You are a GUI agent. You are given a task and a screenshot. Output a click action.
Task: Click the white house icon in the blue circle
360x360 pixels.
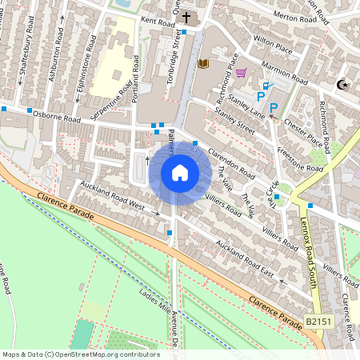(180, 173)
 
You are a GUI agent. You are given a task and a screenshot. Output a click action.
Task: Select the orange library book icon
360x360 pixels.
(202, 63)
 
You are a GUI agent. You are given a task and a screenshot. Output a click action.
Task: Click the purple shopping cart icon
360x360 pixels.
(241, 74)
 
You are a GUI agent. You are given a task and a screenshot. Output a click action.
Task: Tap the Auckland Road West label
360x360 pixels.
(111, 197)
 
